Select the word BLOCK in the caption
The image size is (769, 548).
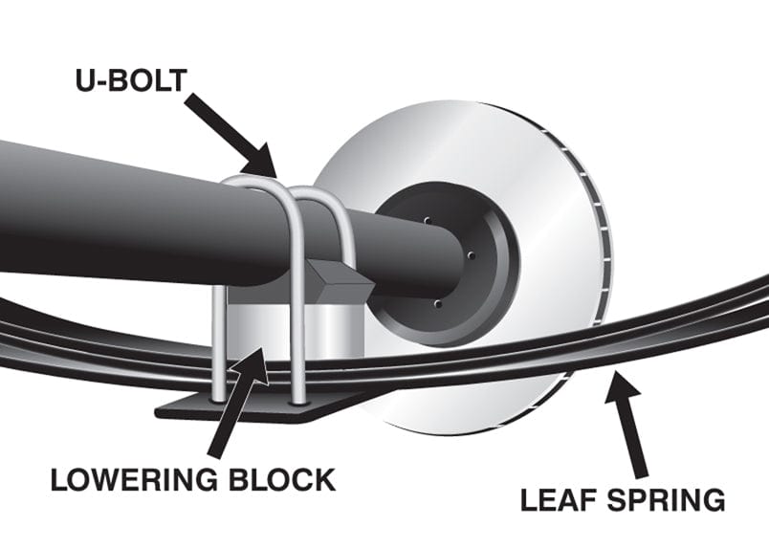pos(286,478)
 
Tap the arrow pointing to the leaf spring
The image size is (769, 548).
pos(627,421)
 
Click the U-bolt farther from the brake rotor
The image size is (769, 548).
pos(230,287)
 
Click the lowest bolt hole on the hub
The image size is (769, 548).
pos(437,303)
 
